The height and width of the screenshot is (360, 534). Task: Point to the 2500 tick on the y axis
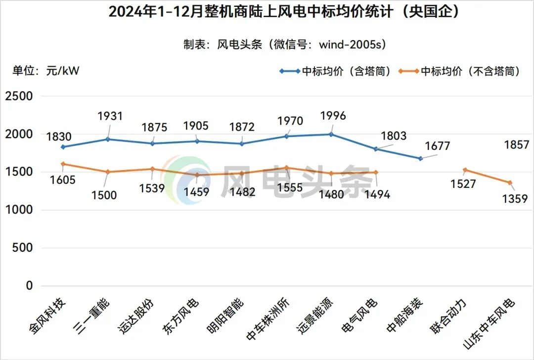(19, 96)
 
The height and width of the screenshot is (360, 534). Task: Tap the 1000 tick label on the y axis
(19, 210)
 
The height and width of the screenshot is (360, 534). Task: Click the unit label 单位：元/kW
(46, 71)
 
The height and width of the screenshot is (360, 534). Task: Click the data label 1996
(333, 116)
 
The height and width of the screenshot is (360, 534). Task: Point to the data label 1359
(515, 198)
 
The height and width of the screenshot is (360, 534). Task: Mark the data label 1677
(437, 146)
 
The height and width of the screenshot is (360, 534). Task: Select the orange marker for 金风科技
(63, 164)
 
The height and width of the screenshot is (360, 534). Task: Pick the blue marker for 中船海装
(420, 159)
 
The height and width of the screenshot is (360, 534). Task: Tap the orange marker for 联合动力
(465, 170)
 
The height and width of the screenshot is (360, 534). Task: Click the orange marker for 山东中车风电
(510, 182)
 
